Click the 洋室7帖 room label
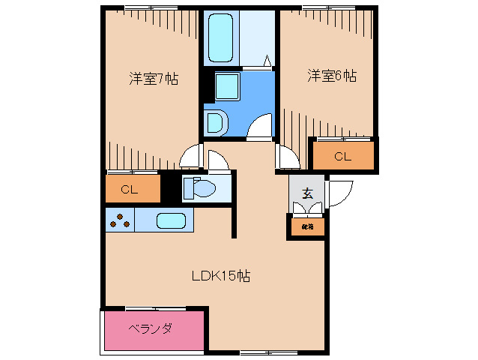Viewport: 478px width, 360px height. tap(153, 78)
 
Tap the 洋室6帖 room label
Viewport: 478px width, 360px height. tap(330, 76)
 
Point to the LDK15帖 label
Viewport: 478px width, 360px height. tap(220, 276)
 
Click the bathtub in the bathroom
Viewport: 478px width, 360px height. tap(221, 38)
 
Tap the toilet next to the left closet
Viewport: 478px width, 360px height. tap(199, 187)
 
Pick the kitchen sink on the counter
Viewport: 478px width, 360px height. tap(172, 220)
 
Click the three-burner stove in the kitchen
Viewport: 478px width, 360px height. tap(120, 220)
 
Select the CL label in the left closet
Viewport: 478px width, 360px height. tap(129, 190)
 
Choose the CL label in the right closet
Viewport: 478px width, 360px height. tap(342, 157)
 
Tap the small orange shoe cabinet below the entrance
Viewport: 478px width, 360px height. tap(307, 226)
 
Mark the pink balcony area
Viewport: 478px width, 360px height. tap(154, 330)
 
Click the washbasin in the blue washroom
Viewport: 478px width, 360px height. tap(214, 122)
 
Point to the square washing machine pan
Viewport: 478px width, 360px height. tap(226, 88)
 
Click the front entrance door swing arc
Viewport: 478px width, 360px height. tap(339, 193)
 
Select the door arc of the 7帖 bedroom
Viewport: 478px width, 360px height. tap(192, 156)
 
